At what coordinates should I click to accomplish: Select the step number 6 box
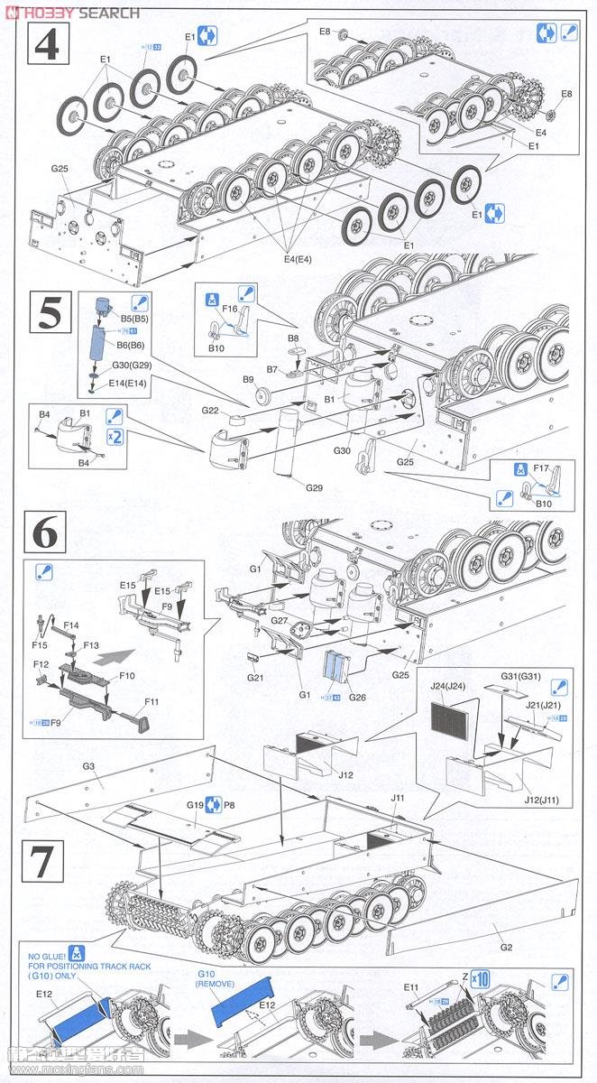click(x=46, y=533)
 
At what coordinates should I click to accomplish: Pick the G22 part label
click(x=210, y=411)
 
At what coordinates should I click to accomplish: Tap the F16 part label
click(x=230, y=308)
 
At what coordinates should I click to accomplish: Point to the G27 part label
click(x=280, y=621)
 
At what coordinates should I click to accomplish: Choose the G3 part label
click(x=88, y=766)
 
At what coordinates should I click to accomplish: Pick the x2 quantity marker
click(x=113, y=437)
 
